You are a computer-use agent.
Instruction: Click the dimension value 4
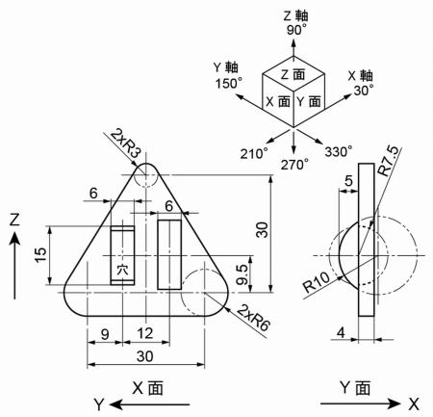342,332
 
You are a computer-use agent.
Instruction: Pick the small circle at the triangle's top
145,175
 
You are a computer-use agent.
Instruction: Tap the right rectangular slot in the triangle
169,254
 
